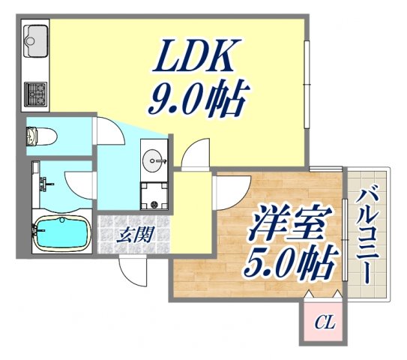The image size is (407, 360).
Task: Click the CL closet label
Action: click(x=324, y=324)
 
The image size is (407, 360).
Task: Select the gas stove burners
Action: click(x=36, y=94)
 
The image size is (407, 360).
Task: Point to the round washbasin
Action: click(x=157, y=160)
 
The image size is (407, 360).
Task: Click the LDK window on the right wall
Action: click(x=307, y=82)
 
